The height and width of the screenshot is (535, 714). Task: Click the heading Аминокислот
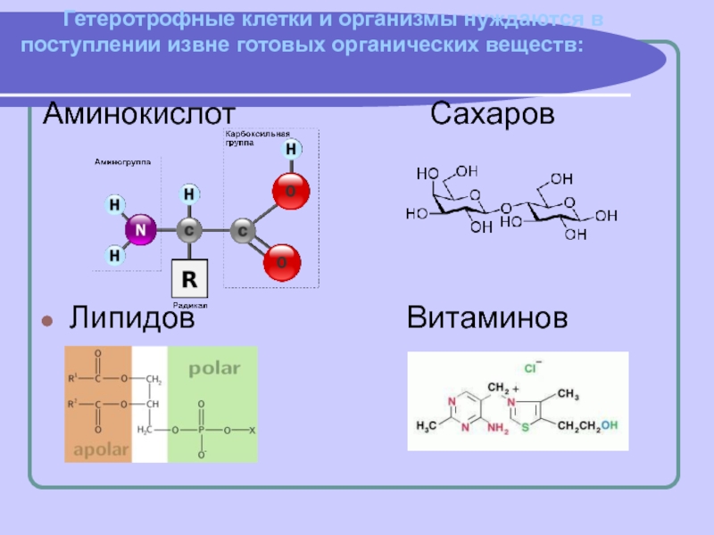point(140,114)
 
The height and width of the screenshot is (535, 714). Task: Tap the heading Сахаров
point(493,114)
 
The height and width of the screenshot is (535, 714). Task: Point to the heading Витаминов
point(487,317)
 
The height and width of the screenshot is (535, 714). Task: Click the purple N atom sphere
point(139,230)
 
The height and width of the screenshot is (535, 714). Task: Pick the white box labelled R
point(189,279)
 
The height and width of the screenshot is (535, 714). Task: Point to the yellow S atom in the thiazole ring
point(526,427)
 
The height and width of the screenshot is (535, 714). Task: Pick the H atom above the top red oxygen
point(290,149)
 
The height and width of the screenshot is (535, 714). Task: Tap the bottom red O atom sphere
point(282,262)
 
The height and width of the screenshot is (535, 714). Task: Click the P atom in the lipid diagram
point(203,431)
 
